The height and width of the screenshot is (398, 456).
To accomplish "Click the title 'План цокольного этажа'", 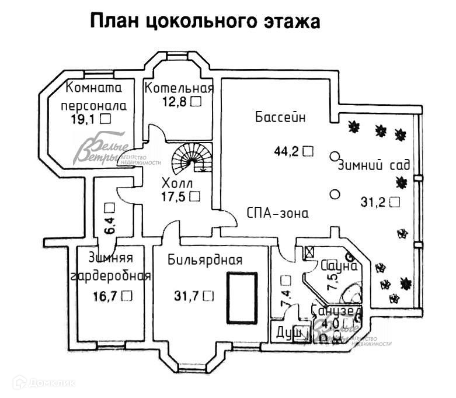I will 206,22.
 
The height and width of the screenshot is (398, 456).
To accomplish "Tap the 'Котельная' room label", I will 179,88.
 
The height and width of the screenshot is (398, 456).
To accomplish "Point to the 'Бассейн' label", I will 280,117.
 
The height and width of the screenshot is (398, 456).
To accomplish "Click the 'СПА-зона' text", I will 277,213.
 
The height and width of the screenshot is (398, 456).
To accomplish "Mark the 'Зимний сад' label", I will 374,164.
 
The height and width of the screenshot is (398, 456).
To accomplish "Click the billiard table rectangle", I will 242,297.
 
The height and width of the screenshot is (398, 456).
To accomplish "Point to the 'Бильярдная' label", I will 204,260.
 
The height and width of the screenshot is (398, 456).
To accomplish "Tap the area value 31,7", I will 186,296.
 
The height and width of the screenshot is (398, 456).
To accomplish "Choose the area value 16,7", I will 105,296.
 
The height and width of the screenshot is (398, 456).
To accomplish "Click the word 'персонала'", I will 93,106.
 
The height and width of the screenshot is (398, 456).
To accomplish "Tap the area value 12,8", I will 174,101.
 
